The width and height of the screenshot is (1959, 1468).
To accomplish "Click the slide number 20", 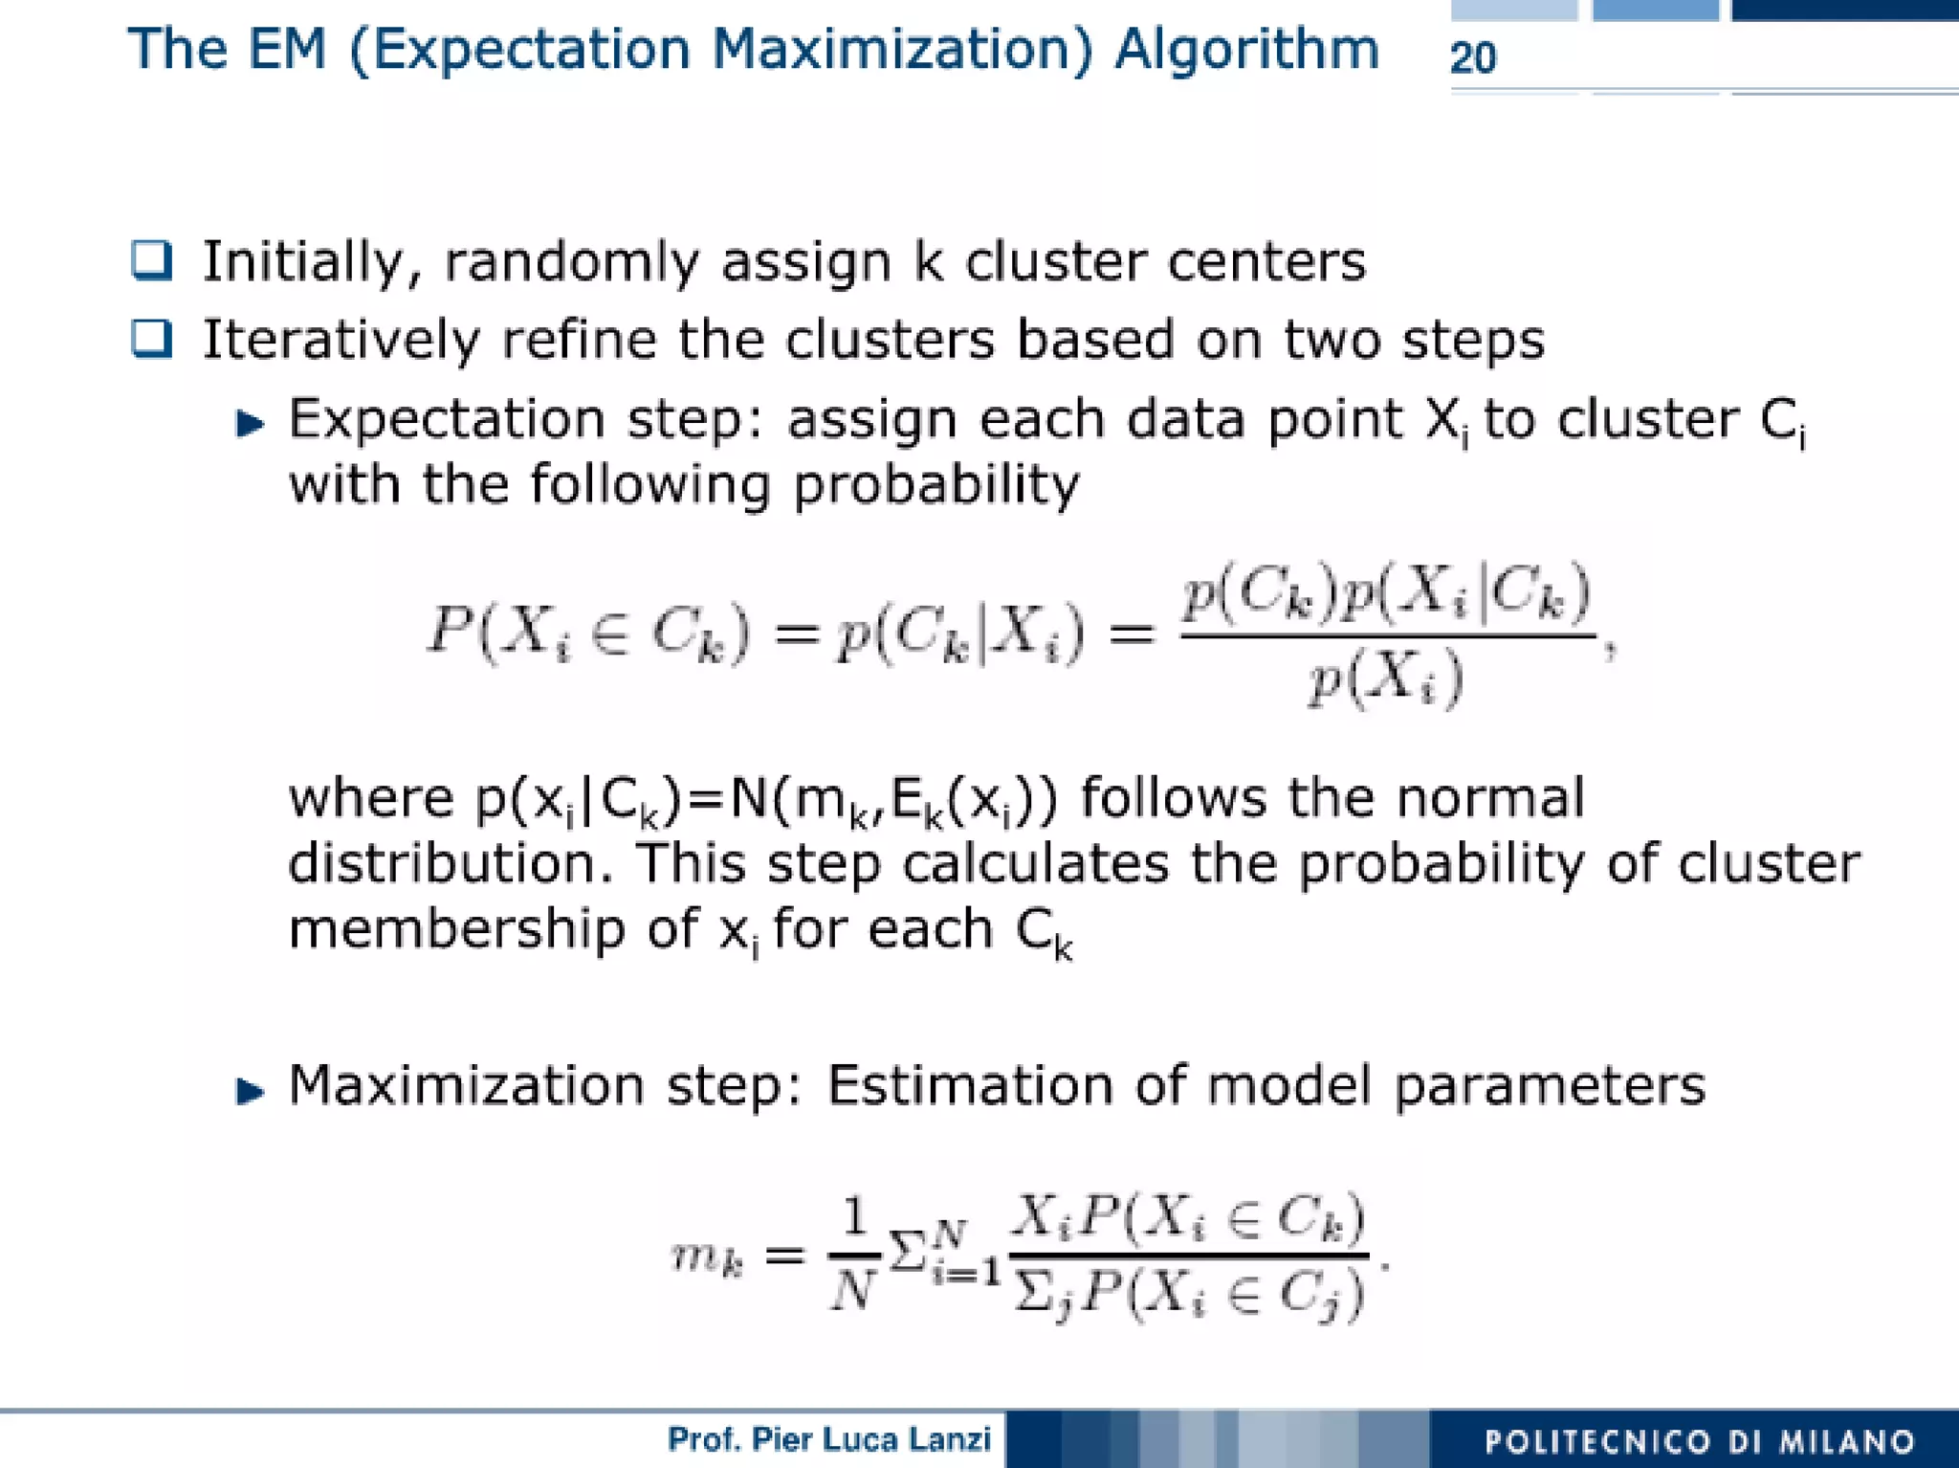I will coord(1473,57).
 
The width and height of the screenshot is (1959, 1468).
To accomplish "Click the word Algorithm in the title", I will coord(1246,50).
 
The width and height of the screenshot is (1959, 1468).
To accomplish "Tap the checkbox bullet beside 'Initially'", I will coord(152,260).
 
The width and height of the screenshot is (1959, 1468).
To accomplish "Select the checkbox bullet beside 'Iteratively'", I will coord(152,339).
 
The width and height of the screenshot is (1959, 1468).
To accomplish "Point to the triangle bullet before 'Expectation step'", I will coord(250,423).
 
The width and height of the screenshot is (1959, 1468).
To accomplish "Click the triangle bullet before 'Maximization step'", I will coord(250,1090).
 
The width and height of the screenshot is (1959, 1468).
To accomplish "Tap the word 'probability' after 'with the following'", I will coord(935,485).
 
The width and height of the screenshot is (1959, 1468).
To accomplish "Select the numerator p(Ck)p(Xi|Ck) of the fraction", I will coord(1386,592).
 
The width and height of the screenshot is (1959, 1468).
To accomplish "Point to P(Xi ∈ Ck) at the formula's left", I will coord(588,633).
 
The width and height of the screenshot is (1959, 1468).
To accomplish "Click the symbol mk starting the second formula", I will coord(707,1257).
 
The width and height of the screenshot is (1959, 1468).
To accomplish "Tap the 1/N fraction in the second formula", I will coord(853,1255).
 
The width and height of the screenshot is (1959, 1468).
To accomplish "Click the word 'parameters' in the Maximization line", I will coord(1549,1087).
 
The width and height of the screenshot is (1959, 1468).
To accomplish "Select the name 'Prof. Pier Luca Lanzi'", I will coord(828,1439).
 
